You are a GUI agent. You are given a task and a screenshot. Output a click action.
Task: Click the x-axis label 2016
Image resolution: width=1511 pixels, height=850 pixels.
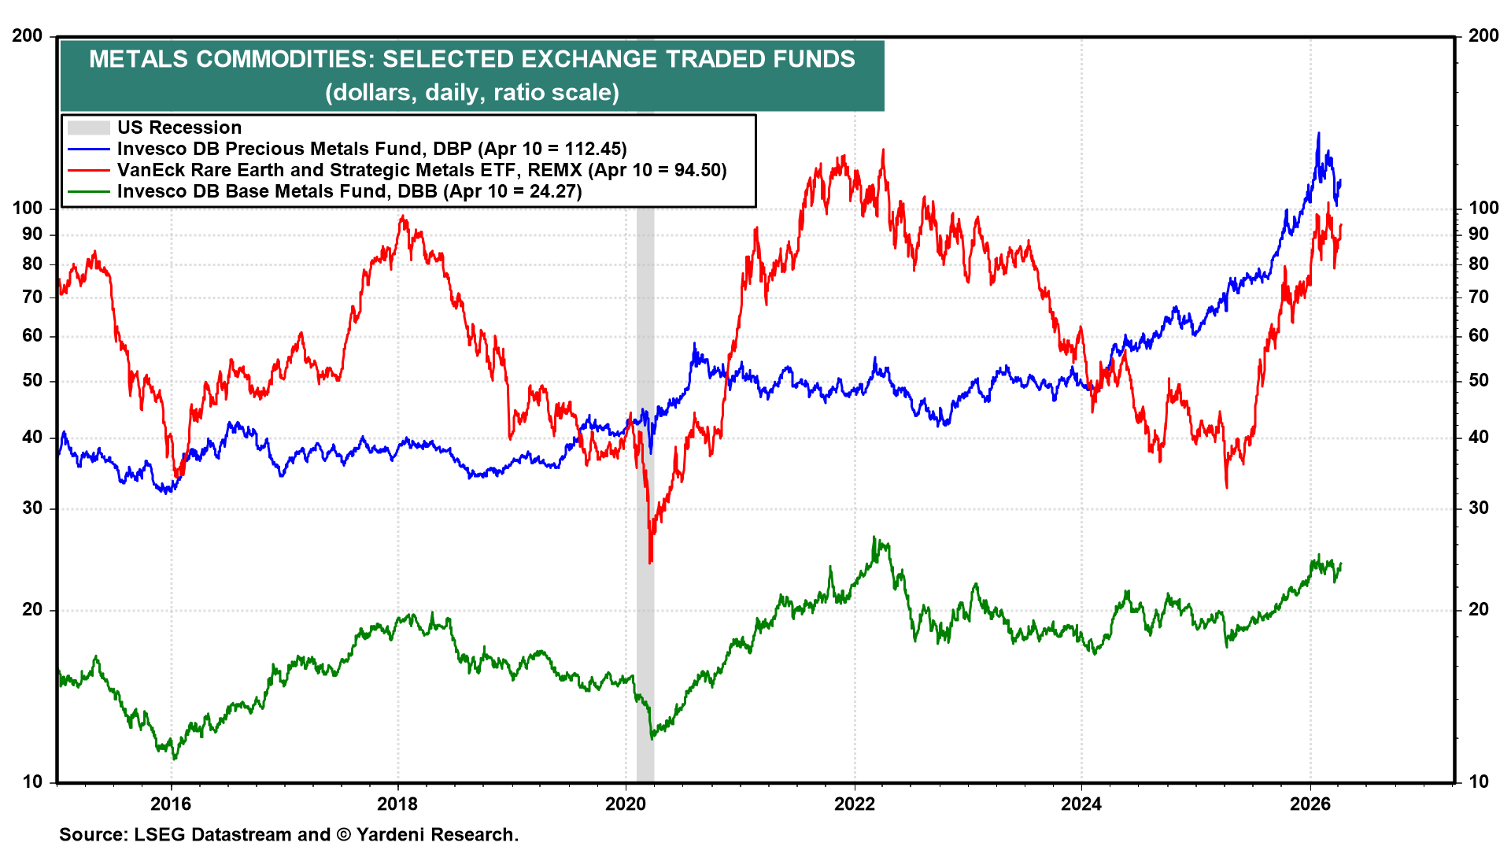(x=171, y=804)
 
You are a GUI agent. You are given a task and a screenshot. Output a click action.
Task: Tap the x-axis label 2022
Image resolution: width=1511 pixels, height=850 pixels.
(x=854, y=804)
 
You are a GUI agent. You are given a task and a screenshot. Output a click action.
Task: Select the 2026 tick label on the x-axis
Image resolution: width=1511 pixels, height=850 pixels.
(x=1310, y=804)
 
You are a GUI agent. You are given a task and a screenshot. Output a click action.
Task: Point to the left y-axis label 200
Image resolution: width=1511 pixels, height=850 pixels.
(x=28, y=36)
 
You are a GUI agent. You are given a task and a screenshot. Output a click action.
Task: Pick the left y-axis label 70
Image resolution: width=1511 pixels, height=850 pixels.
(x=32, y=297)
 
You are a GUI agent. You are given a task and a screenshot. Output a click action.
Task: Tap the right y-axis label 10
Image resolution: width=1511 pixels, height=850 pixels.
(x=1479, y=782)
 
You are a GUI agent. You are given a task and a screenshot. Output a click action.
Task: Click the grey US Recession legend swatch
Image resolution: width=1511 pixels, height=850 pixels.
(x=88, y=128)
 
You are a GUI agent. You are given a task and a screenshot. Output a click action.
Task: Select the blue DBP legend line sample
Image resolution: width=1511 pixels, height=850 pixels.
(x=88, y=149)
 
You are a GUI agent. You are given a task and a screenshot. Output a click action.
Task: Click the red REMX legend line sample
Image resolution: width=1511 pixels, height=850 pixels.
(x=88, y=170)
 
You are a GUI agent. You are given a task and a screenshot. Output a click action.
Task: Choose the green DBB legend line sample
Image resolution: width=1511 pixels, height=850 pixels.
(x=88, y=191)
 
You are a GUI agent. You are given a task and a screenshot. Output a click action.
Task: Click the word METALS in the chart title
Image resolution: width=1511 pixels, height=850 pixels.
(x=139, y=59)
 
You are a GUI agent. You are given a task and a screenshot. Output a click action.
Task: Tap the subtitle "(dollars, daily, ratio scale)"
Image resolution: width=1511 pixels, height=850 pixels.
(x=472, y=92)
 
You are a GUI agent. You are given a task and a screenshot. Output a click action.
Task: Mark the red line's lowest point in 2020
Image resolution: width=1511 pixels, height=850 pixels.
(x=650, y=563)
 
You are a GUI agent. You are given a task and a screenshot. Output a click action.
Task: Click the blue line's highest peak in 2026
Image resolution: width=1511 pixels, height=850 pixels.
(x=1319, y=133)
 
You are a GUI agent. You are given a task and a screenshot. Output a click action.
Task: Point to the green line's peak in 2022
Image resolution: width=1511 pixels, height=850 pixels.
(x=874, y=538)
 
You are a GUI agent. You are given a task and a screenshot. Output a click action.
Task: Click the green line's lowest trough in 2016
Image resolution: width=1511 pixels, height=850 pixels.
(x=175, y=759)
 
